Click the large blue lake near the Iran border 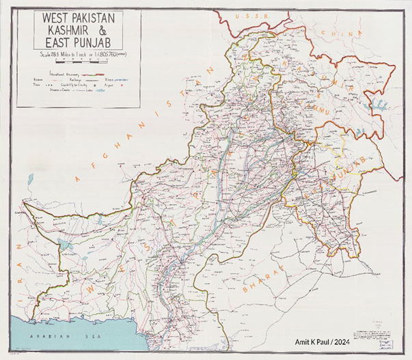pyautogui.click(x=65, y=243)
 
